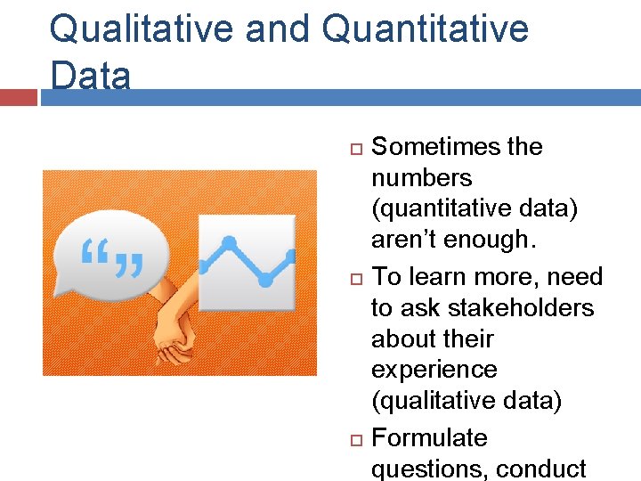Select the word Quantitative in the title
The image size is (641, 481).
coord(425,29)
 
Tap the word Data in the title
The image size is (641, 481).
coord(90,75)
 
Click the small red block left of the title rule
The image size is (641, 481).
coord(18,97)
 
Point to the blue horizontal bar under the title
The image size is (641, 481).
coord(338,97)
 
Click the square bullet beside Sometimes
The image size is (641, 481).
coord(353,146)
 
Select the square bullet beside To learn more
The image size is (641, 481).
coord(353,277)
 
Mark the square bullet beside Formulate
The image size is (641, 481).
coord(353,439)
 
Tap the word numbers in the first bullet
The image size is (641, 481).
coord(421,177)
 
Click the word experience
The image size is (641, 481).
coord(434,370)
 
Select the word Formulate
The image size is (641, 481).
coord(429,438)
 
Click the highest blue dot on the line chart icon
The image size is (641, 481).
coord(229,242)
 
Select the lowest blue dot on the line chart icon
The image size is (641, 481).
coord(264,280)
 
